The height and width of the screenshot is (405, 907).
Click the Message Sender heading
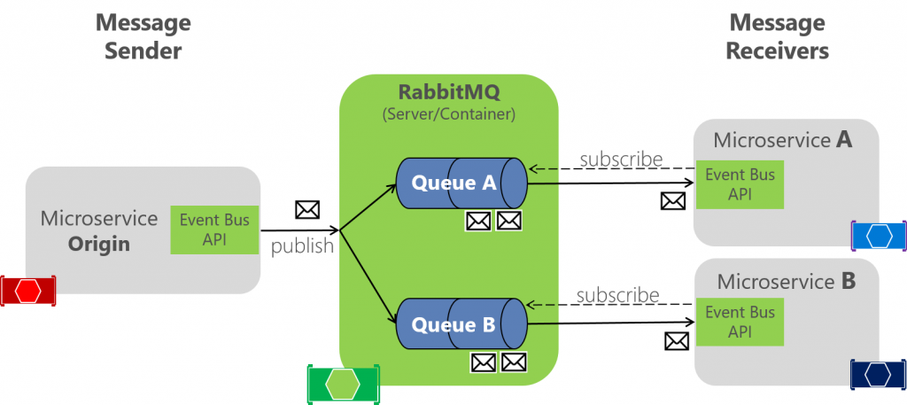pyautogui.click(x=143, y=36)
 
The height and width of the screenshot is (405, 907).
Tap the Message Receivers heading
pyautogui.click(x=777, y=36)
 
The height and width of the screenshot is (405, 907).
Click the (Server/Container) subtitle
pyautogui.click(x=448, y=114)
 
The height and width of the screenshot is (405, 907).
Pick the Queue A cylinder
pyautogui.click(x=461, y=184)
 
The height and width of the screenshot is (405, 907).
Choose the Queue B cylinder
pyautogui.click(x=461, y=324)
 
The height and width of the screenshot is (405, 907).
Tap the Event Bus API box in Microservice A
pyautogui.click(x=740, y=185)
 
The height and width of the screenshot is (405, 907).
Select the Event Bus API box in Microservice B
pyautogui.click(x=740, y=323)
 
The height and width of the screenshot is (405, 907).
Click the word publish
pyautogui.click(x=302, y=245)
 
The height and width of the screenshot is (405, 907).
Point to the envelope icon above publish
pyautogui.click(x=306, y=210)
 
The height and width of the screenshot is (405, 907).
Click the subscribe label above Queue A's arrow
pyautogui.click(x=621, y=160)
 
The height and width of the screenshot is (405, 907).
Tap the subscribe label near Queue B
pyautogui.click(x=617, y=295)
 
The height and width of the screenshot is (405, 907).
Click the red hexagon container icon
pyautogui.click(x=27, y=290)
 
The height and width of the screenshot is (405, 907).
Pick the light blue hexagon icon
pyautogui.click(x=879, y=236)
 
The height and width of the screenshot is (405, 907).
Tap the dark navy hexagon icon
pyautogui.click(x=878, y=374)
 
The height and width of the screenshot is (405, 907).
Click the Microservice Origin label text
pyautogui.click(x=99, y=230)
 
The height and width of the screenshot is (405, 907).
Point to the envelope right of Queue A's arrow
pyautogui.click(x=673, y=201)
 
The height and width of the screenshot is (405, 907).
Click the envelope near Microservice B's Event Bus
pyautogui.click(x=677, y=340)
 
